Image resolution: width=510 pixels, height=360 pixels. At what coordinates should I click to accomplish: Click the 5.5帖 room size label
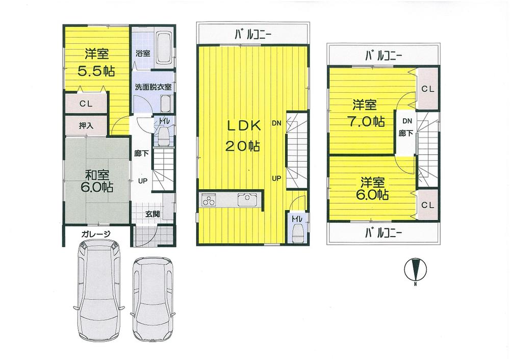click(96, 70)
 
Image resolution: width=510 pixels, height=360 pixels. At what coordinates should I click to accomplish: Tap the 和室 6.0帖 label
click(95, 181)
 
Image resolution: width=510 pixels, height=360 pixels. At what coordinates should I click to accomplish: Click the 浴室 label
click(142, 53)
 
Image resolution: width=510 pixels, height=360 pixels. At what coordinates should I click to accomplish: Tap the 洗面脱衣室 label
click(152, 87)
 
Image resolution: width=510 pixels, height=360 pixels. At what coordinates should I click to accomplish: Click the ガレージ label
click(96, 235)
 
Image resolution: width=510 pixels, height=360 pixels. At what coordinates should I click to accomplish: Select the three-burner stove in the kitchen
click(210, 200)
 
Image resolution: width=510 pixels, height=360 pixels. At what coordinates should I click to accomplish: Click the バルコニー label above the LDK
click(253, 35)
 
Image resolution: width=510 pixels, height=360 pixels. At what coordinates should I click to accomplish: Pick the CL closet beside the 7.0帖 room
click(427, 89)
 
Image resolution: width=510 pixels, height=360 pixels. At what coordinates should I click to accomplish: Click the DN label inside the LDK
click(276, 123)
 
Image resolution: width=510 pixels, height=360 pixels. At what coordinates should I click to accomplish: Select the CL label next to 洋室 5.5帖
click(86, 104)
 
